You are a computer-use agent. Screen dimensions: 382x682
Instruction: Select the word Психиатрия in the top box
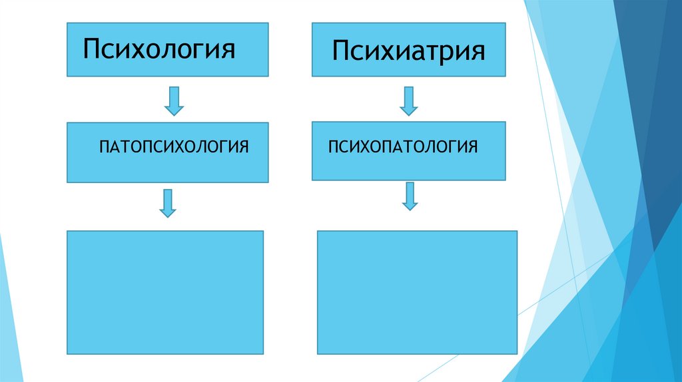coord(409,51)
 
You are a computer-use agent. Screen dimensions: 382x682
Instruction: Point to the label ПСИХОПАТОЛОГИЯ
coord(402,146)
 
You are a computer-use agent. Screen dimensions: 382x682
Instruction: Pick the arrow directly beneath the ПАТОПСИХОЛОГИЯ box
coord(168,202)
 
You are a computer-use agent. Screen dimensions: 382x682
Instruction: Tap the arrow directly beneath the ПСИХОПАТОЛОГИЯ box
coord(410,196)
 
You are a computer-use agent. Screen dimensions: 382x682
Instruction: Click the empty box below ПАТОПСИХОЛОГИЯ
coord(165,292)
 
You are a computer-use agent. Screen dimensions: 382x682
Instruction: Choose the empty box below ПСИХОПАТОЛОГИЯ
coord(417,292)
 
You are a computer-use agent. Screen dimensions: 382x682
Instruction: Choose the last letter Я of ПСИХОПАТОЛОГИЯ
coord(472,146)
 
